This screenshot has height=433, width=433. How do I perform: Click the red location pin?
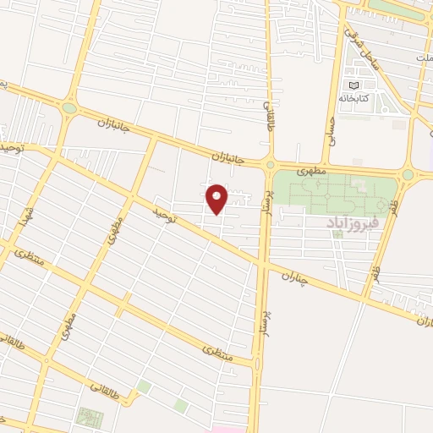pos(217,198)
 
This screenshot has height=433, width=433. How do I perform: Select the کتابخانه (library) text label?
pos(354,97)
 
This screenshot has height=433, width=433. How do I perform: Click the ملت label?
pos(423,55)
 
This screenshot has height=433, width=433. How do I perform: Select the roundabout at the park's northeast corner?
pos(408,174)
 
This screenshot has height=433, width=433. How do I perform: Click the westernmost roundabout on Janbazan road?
pos(69,108)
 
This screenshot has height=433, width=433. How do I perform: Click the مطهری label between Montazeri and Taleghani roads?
pos(69,329)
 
